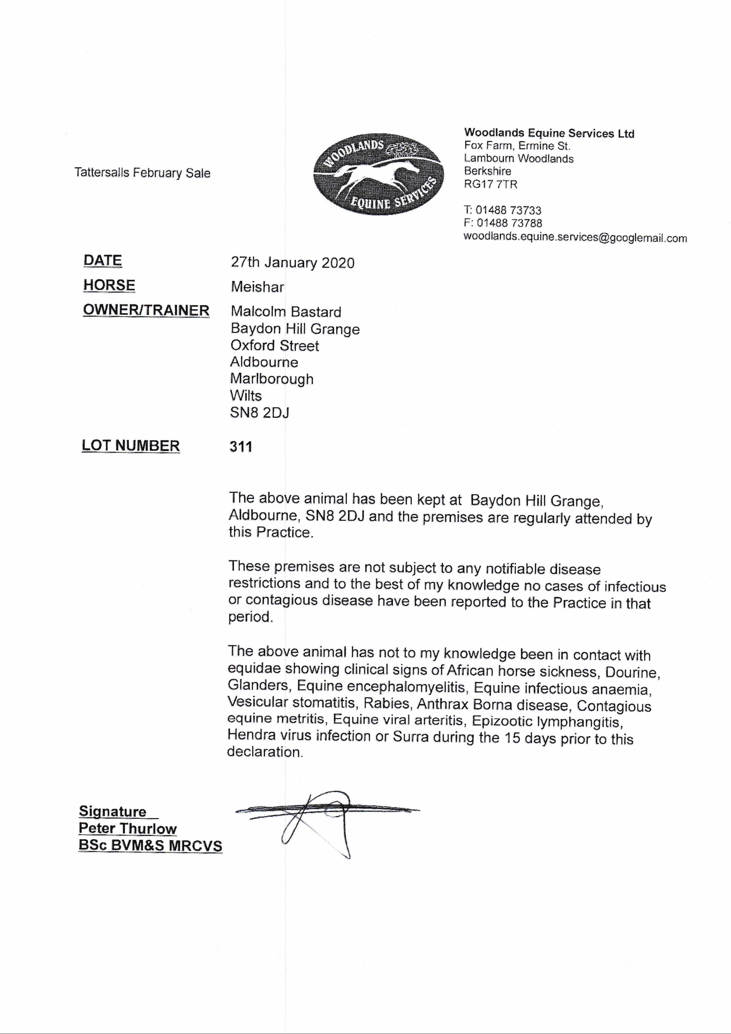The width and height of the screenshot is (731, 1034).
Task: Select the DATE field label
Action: click(x=103, y=261)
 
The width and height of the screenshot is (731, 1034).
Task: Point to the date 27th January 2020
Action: click(x=293, y=263)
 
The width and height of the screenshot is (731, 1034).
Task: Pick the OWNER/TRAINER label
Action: click(x=146, y=310)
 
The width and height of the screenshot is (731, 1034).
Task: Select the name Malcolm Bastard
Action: click(x=286, y=312)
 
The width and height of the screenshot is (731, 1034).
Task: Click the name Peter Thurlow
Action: click(x=127, y=829)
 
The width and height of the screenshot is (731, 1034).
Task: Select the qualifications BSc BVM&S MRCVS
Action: click(x=150, y=846)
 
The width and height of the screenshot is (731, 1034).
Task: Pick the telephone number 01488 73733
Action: click(x=508, y=210)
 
